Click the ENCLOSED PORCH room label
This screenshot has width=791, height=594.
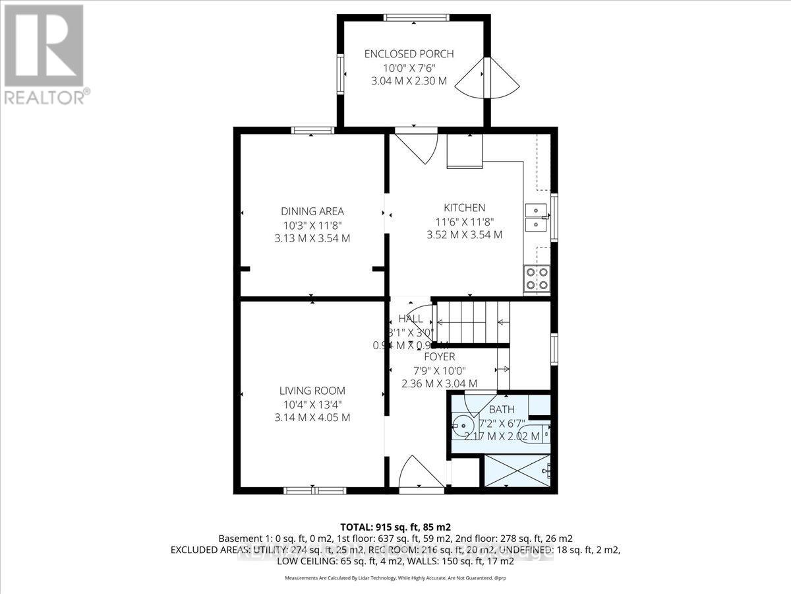coord(409,54)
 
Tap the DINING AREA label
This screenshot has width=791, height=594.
coord(312,211)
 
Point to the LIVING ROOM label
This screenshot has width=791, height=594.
coord(312,391)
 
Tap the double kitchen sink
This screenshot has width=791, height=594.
coord(537,218)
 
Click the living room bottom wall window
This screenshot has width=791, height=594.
coord(314,490)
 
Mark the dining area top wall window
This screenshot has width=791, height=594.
coord(312,130)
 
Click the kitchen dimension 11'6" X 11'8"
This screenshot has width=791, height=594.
coord(465,222)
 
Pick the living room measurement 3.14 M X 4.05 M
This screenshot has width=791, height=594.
coord(312,418)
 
